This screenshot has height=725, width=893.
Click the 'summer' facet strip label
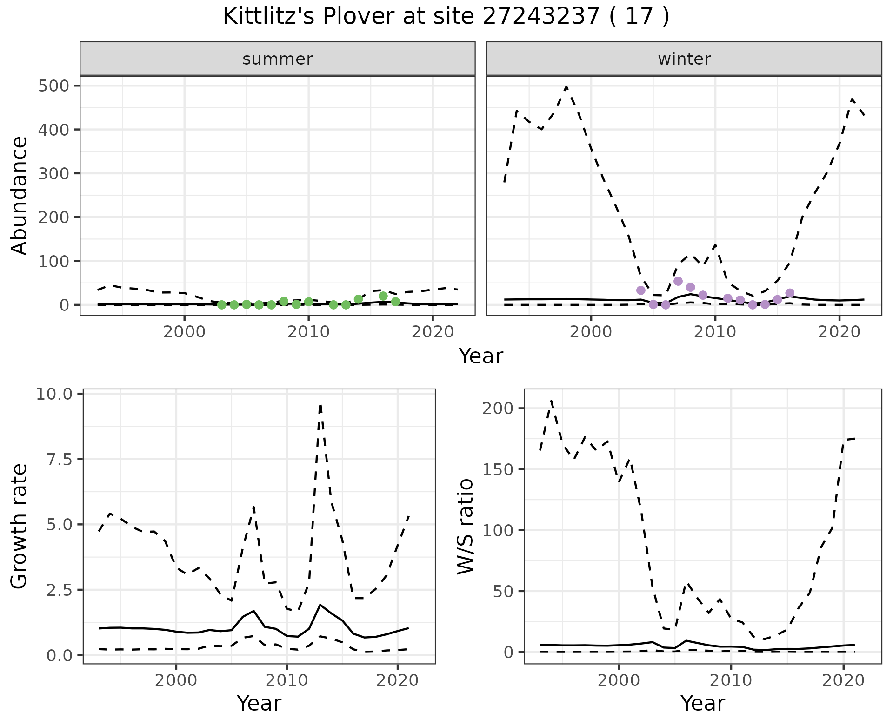point(278,59)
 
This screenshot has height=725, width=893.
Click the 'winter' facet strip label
point(684,59)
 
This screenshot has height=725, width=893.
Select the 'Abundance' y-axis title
point(20,195)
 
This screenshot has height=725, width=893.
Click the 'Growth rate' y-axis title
point(20,527)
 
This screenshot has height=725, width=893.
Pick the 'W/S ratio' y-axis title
point(465,527)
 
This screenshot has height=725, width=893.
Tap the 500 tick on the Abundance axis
point(54,86)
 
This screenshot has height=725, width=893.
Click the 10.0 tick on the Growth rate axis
point(54,394)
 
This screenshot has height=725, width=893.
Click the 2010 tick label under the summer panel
point(308,332)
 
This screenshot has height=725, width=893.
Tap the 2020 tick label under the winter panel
point(839,332)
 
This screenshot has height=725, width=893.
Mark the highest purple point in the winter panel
point(678,281)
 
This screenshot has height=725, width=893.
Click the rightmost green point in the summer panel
point(396,302)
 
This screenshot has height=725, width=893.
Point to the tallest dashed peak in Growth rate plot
point(320,405)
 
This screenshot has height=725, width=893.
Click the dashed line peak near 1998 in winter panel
point(566,87)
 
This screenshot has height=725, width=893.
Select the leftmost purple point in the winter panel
point(641,290)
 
